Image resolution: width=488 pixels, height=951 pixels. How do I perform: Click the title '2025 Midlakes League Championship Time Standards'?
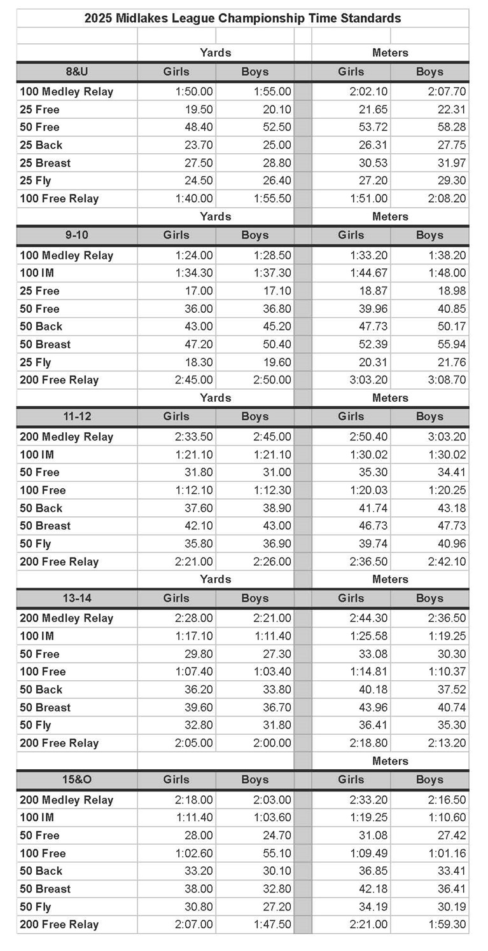click(x=242, y=18)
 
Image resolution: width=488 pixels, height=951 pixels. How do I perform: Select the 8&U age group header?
click(x=76, y=72)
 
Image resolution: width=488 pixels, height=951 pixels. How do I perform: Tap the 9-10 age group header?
click(x=76, y=235)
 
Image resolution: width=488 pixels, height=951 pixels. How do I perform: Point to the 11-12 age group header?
click(x=76, y=416)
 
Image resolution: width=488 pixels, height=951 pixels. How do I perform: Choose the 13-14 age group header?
click(x=76, y=598)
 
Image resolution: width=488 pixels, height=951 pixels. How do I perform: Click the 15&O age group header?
click(x=76, y=779)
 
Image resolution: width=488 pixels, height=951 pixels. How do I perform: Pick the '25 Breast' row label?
click(x=45, y=163)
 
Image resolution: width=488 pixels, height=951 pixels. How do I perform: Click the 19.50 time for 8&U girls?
click(x=199, y=109)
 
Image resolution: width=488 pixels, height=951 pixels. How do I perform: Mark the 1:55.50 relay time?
click(x=272, y=198)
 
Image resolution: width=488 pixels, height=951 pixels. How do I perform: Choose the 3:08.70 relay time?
click(x=447, y=380)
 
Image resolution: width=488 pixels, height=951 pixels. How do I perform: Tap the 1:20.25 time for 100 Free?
click(x=447, y=490)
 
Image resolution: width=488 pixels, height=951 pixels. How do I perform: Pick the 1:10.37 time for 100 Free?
click(x=447, y=671)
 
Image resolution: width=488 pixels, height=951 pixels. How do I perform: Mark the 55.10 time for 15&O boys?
click(x=277, y=853)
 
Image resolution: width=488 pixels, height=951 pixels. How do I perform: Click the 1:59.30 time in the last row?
click(x=447, y=924)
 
